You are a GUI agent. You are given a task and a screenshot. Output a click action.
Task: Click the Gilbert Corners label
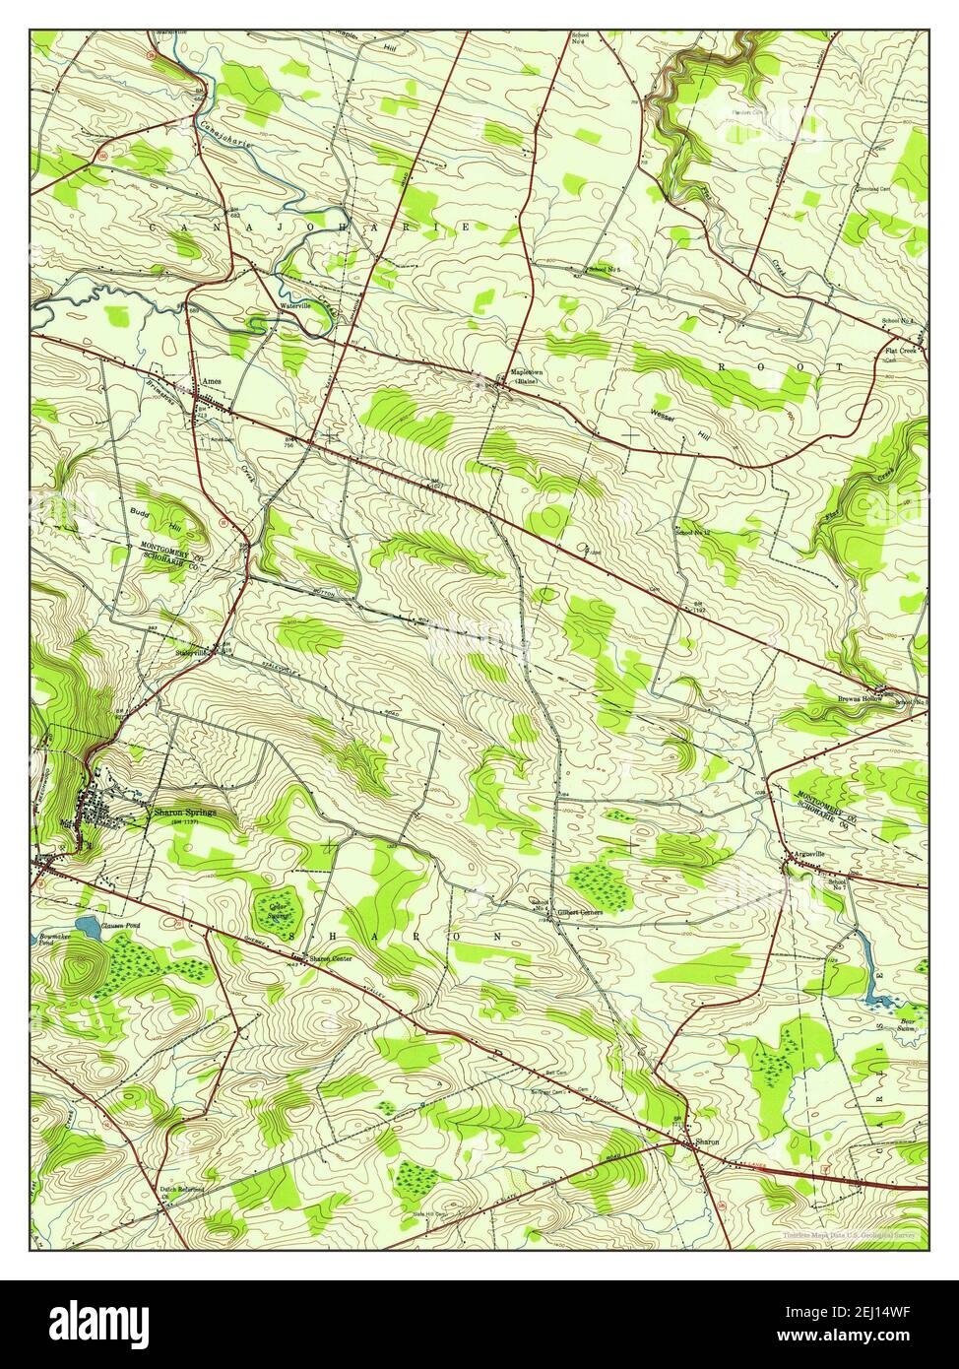579,912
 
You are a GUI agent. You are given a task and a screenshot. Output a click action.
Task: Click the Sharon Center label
329,958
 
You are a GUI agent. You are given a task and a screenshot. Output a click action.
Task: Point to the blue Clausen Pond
88,927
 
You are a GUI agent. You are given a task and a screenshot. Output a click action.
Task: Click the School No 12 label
692,533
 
